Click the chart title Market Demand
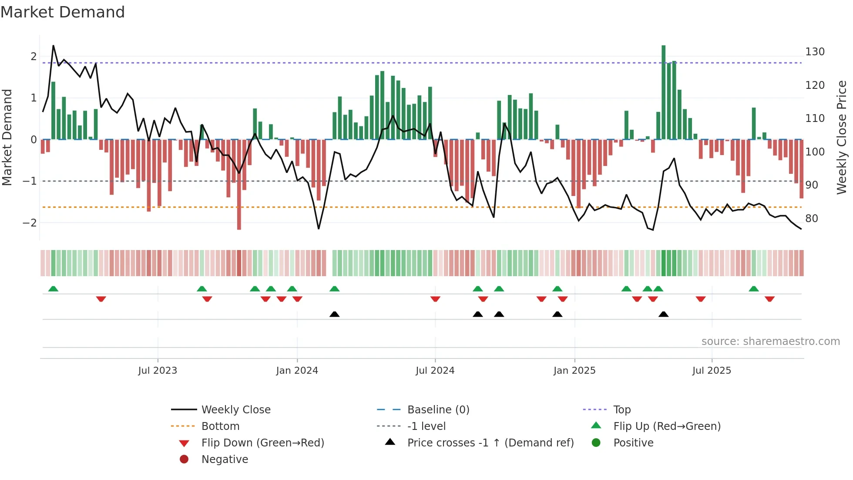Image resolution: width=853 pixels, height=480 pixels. (x=63, y=12)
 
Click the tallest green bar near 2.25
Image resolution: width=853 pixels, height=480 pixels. (x=663, y=91)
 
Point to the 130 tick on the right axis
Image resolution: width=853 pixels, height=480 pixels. (x=815, y=52)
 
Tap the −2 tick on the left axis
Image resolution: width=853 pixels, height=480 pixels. (x=30, y=223)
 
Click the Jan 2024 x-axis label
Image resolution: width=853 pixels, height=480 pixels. (x=297, y=371)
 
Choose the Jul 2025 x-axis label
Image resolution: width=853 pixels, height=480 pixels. (x=712, y=371)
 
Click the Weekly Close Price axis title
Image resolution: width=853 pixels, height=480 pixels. (x=842, y=137)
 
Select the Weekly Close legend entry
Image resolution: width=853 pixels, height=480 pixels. (x=235, y=410)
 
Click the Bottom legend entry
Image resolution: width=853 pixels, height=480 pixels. (x=220, y=426)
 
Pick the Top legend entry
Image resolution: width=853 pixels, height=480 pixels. (x=621, y=410)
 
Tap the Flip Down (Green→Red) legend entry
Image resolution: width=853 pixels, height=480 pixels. (x=262, y=443)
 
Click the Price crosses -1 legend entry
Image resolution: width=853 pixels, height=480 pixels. (x=490, y=443)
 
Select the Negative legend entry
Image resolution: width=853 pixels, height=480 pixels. (x=225, y=460)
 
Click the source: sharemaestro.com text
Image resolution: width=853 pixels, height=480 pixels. (x=770, y=341)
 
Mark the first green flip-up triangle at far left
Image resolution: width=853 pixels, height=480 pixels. (x=53, y=289)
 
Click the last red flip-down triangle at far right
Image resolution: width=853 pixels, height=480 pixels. (x=769, y=299)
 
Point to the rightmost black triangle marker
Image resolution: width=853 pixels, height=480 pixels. (x=663, y=314)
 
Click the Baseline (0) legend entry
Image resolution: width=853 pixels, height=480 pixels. (x=438, y=410)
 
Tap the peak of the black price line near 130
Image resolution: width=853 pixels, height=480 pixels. (x=53, y=46)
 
